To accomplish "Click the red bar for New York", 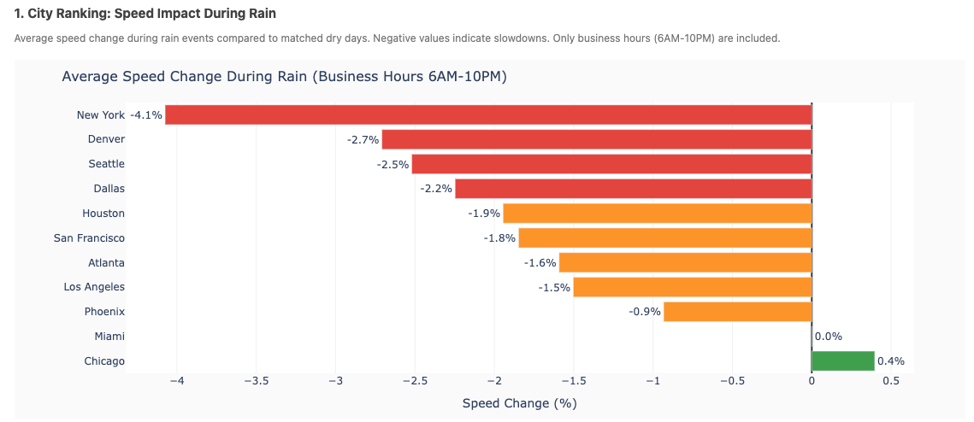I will pyautogui.click(x=487, y=114).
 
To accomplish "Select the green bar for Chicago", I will pyautogui.click(x=842, y=361).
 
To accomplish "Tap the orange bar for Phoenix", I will pyautogui.click(x=737, y=312).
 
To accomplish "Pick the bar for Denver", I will pyautogui.click(x=596, y=139).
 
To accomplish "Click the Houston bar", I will pyautogui.click(x=657, y=214).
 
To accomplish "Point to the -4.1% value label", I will pyautogui.click(x=146, y=114).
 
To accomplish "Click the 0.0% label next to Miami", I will pyautogui.click(x=829, y=337).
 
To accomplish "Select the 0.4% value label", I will pyautogui.click(x=891, y=361).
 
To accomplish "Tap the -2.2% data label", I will pyautogui.click(x=436, y=189).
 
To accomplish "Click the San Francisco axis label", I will pyautogui.click(x=89, y=238).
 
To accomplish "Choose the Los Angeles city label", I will pyautogui.click(x=94, y=287).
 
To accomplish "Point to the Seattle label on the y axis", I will pyautogui.click(x=106, y=164).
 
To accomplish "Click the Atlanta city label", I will pyautogui.click(x=106, y=263).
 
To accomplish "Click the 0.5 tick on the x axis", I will pyautogui.click(x=891, y=382).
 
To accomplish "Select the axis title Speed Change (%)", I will pyautogui.click(x=525, y=403).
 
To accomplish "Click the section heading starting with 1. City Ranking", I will pyautogui.click(x=145, y=15).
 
